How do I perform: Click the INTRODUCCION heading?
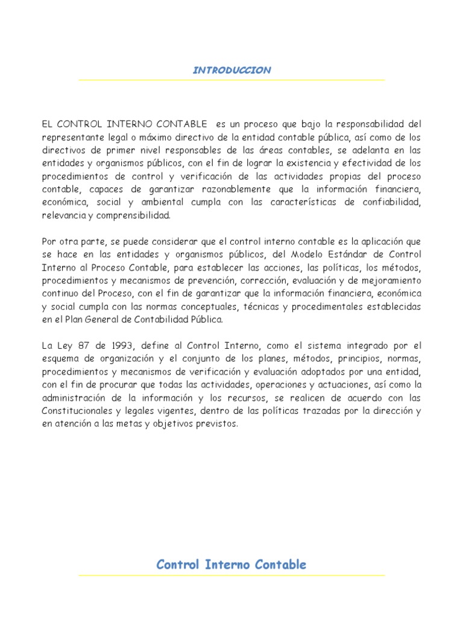(x=231, y=70)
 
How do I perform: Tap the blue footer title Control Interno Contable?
(x=231, y=565)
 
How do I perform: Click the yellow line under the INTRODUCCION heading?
(x=231, y=80)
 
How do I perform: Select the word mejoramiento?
(x=391, y=280)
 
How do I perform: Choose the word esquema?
(x=58, y=359)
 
